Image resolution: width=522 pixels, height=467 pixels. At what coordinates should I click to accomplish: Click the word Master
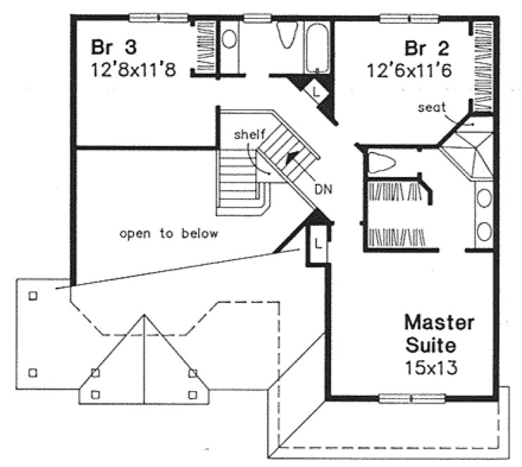tap(438, 324)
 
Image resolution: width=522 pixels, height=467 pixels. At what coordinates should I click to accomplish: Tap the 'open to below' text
tap(169, 233)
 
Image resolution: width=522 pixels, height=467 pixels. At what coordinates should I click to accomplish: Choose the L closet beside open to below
tap(318, 244)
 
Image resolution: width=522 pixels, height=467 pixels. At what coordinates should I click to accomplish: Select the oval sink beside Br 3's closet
tap(230, 39)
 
